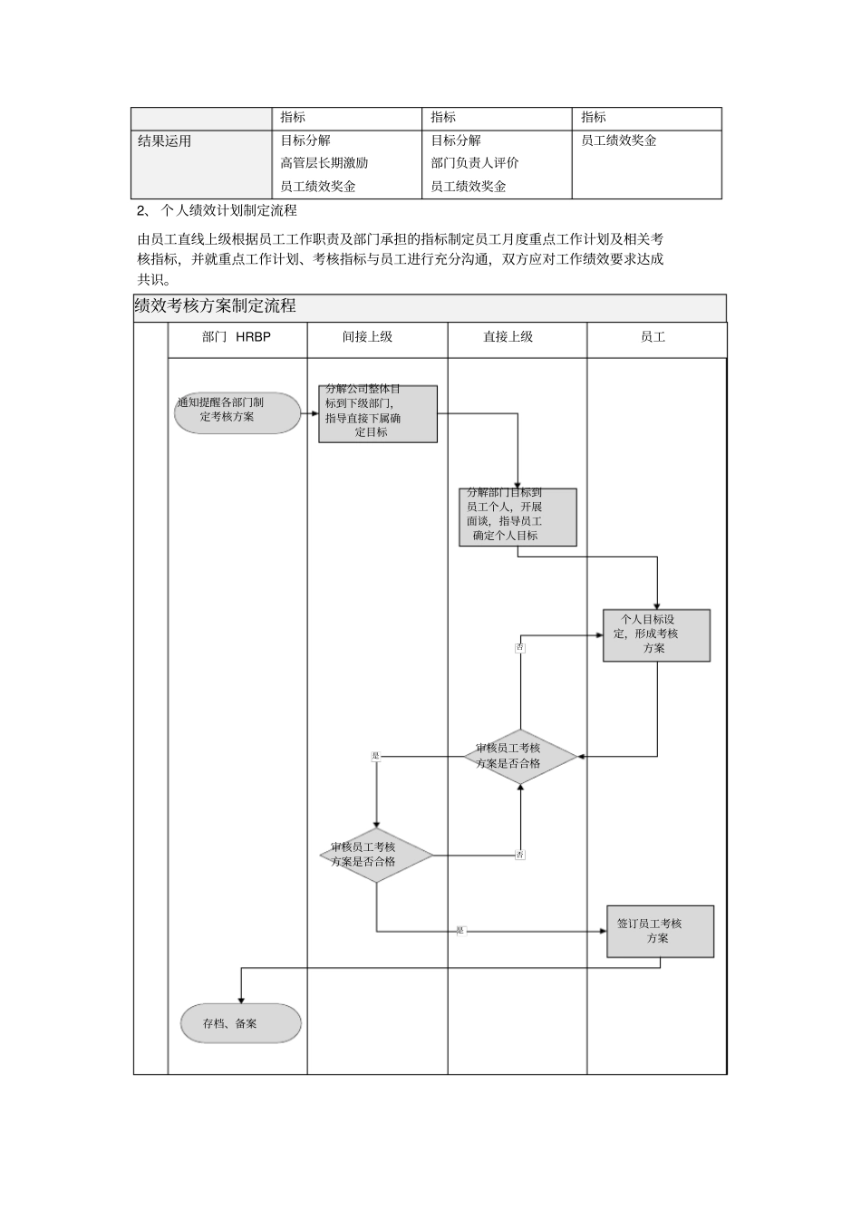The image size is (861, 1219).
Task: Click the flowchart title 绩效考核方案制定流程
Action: click(x=215, y=306)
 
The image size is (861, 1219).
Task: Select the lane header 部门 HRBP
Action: click(x=237, y=337)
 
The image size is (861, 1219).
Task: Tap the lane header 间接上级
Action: click(x=367, y=337)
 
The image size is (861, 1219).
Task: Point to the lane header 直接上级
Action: click(x=508, y=337)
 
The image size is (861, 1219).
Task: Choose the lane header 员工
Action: click(x=653, y=337)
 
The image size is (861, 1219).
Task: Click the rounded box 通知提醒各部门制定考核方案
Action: click(x=237, y=412)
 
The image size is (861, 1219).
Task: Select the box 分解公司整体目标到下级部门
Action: click(x=378, y=414)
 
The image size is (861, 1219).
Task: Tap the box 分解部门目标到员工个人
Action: click(x=518, y=518)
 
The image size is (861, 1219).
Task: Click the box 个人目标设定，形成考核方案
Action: click(x=656, y=635)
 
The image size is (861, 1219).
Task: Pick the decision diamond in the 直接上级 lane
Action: click(x=520, y=757)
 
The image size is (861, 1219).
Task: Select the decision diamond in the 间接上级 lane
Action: click(x=376, y=855)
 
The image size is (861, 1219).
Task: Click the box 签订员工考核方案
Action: click(x=660, y=932)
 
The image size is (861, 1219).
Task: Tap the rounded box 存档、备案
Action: click(x=240, y=1023)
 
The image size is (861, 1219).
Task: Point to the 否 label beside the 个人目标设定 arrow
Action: click(x=520, y=647)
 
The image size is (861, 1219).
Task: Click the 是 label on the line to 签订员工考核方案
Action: click(x=460, y=931)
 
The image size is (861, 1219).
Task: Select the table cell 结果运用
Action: click(x=165, y=141)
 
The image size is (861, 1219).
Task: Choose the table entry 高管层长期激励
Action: click(x=324, y=163)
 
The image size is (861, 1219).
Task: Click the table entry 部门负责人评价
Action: click(x=474, y=163)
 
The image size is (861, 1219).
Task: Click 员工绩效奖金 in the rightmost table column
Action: click(x=618, y=141)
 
